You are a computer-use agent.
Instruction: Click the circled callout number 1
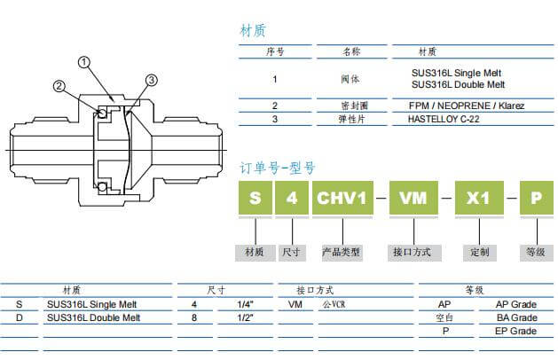(x=84, y=62)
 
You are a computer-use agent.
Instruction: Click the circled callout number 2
(x=59, y=86)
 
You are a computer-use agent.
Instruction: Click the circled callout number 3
(x=152, y=81)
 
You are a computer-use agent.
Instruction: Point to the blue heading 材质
(x=253, y=30)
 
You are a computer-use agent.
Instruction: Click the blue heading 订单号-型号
(x=278, y=167)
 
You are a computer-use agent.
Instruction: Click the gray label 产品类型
(x=341, y=252)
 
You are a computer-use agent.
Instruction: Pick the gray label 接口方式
(x=412, y=252)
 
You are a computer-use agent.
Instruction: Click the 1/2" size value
(x=245, y=317)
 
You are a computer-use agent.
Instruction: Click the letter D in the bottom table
(x=20, y=317)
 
